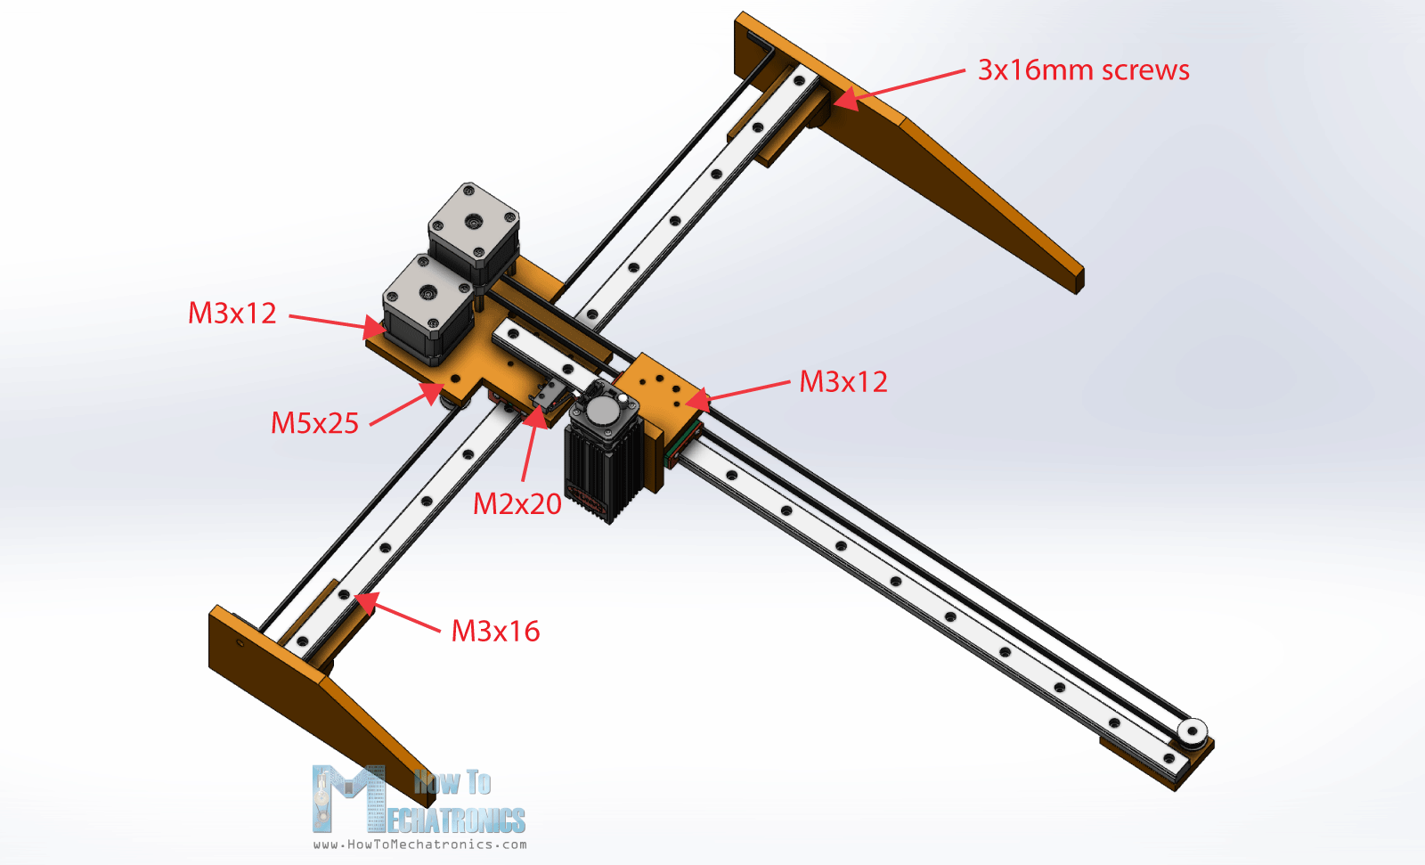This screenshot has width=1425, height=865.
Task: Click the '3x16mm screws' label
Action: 1083,70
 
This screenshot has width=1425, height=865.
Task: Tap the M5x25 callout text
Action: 315,423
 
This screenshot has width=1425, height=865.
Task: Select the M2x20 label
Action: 517,504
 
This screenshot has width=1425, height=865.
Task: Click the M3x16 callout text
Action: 495,631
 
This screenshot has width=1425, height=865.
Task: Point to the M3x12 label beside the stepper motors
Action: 232,314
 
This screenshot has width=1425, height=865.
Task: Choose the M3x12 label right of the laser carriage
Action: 843,382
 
